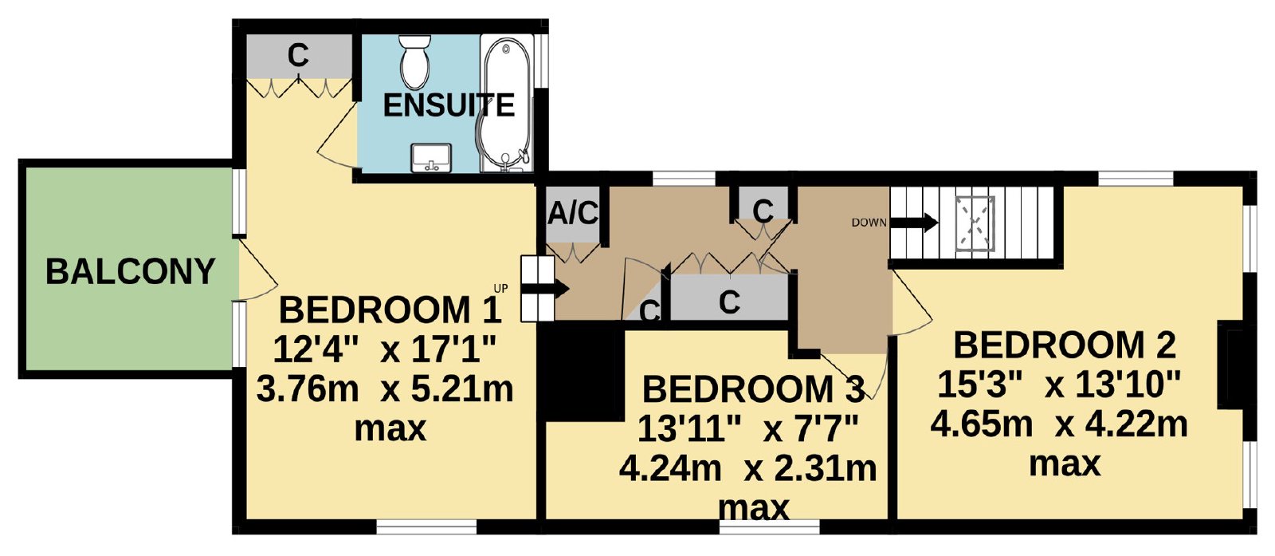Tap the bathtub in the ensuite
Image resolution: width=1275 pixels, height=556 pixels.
[x=506, y=103]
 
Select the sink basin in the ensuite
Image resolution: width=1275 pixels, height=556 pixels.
[x=431, y=158]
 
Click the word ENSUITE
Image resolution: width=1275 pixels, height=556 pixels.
[x=449, y=105]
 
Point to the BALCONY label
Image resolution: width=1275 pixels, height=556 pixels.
[x=131, y=272]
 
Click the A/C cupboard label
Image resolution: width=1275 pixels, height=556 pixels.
[x=573, y=213]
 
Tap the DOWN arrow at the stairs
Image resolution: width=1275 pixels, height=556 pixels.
[x=913, y=223]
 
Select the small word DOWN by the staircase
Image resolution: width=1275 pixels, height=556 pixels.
[x=869, y=223]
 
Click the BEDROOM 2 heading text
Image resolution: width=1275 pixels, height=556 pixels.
[x=1065, y=345]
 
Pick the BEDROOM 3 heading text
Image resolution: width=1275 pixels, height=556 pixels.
[x=754, y=389]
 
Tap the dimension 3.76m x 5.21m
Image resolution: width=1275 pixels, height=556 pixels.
[x=386, y=389]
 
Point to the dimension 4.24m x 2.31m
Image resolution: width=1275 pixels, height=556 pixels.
[x=747, y=468]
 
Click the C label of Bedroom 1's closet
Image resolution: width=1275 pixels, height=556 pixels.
[x=298, y=56]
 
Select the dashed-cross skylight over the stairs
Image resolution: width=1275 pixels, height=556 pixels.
[x=975, y=223]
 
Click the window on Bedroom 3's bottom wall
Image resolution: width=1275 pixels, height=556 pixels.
[x=769, y=527]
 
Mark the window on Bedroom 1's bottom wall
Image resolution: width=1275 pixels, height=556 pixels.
[x=426, y=527]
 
